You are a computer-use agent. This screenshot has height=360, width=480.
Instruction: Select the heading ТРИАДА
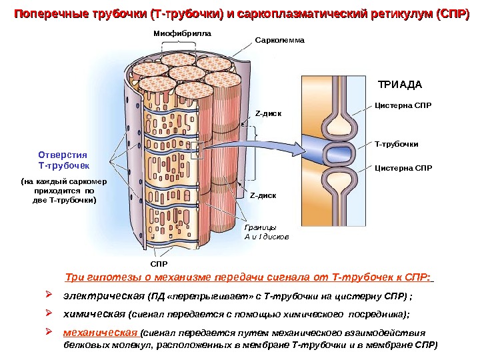(401, 85)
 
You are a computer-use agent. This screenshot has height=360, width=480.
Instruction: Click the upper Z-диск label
(269, 113)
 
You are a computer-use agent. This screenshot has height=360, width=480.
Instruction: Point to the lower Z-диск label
(262, 195)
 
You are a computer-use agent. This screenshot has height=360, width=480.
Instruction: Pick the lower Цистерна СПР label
(403, 168)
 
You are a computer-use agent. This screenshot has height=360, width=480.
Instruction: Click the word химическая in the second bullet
(94, 314)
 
